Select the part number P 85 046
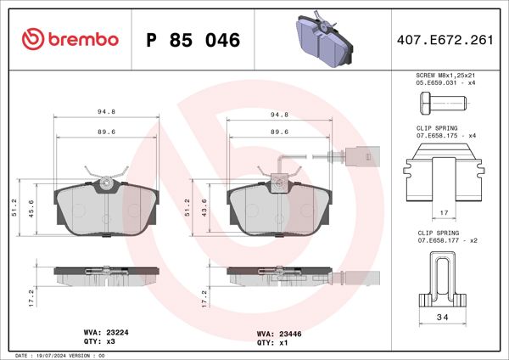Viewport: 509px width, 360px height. (193, 40)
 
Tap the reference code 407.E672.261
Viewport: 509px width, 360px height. (445, 40)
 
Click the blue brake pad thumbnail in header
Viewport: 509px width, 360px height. (322, 37)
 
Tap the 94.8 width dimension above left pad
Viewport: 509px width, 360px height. (107, 112)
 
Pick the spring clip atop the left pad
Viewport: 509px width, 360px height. (107, 179)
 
